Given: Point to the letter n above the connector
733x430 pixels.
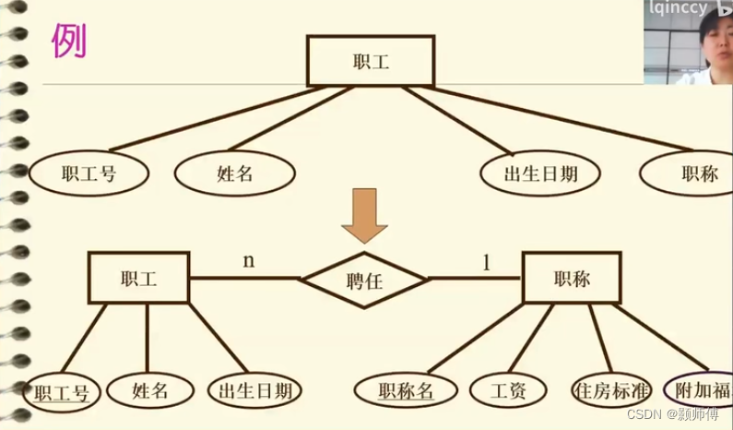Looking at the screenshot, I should (x=248, y=260).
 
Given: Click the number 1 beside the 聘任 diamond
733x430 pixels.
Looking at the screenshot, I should (x=486, y=262).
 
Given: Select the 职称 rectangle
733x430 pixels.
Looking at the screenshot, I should (x=572, y=279).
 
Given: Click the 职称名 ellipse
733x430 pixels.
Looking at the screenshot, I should (x=405, y=390).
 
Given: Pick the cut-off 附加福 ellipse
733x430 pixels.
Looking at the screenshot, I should (x=704, y=389).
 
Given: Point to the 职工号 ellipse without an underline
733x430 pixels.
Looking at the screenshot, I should (x=89, y=173).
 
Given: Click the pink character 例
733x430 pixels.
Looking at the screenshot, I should (x=68, y=42).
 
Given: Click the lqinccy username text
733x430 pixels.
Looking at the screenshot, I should (x=678, y=8).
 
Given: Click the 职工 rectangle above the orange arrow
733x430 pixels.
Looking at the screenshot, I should (x=371, y=62).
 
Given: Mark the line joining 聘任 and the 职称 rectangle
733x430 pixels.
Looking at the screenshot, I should (x=476, y=278).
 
